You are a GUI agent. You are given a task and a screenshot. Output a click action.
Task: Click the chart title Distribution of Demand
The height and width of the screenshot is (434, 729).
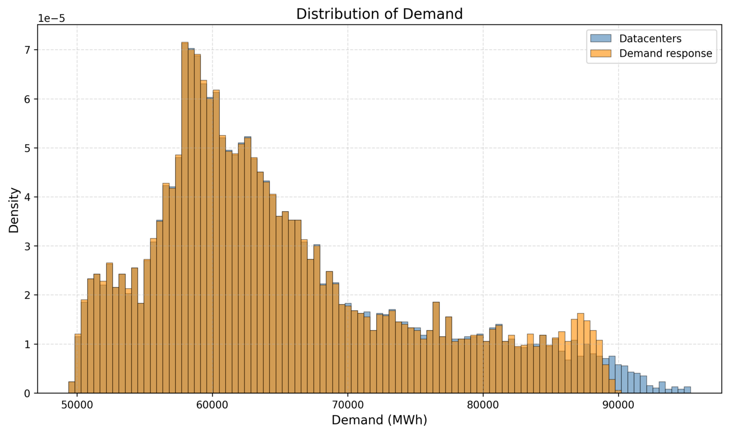click(379, 14)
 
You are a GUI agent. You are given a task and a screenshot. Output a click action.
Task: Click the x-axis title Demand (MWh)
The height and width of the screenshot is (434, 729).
click(379, 420)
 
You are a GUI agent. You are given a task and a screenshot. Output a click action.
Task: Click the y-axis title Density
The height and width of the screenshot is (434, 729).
click(14, 210)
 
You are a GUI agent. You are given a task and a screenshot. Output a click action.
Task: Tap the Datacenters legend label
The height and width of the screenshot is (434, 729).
click(650, 38)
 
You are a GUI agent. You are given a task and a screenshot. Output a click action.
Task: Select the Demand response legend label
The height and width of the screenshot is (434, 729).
click(665, 53)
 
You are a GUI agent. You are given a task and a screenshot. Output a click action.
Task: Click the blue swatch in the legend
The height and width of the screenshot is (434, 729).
click(600, 38)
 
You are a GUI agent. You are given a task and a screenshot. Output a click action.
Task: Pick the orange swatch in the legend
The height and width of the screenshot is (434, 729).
click(600, 53)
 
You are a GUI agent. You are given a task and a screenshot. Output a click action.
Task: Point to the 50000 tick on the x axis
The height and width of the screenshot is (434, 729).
click(77, 406)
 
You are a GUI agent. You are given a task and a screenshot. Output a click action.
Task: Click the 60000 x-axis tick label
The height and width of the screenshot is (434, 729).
click(212, 406)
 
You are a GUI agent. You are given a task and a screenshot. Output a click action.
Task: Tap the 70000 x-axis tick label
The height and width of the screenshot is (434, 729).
click(347, 406)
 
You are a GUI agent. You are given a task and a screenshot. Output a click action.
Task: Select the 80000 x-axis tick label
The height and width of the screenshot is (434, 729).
click(483, 406)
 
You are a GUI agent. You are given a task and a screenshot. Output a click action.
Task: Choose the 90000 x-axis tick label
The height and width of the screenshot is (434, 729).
click(618, 406)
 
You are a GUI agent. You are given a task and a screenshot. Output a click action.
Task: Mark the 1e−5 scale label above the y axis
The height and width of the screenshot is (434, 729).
click(51, 19)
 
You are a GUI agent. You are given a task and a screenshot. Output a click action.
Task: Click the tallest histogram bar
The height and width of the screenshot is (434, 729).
click(185, 218)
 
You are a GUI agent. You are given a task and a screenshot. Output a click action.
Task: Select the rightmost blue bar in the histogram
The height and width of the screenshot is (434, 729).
click(687, 390)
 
